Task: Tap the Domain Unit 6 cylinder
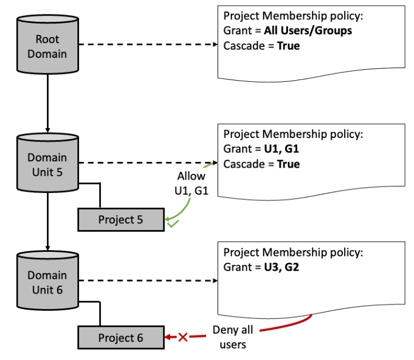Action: pos(48,282)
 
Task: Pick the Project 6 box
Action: pos(120,338)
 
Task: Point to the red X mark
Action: pos(183,338)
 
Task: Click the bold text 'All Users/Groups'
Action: pos(308,31)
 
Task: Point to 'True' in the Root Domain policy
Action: pos(288,46)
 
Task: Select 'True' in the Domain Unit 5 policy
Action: pos(288,164)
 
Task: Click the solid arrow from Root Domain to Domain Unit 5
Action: pos(48,103)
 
